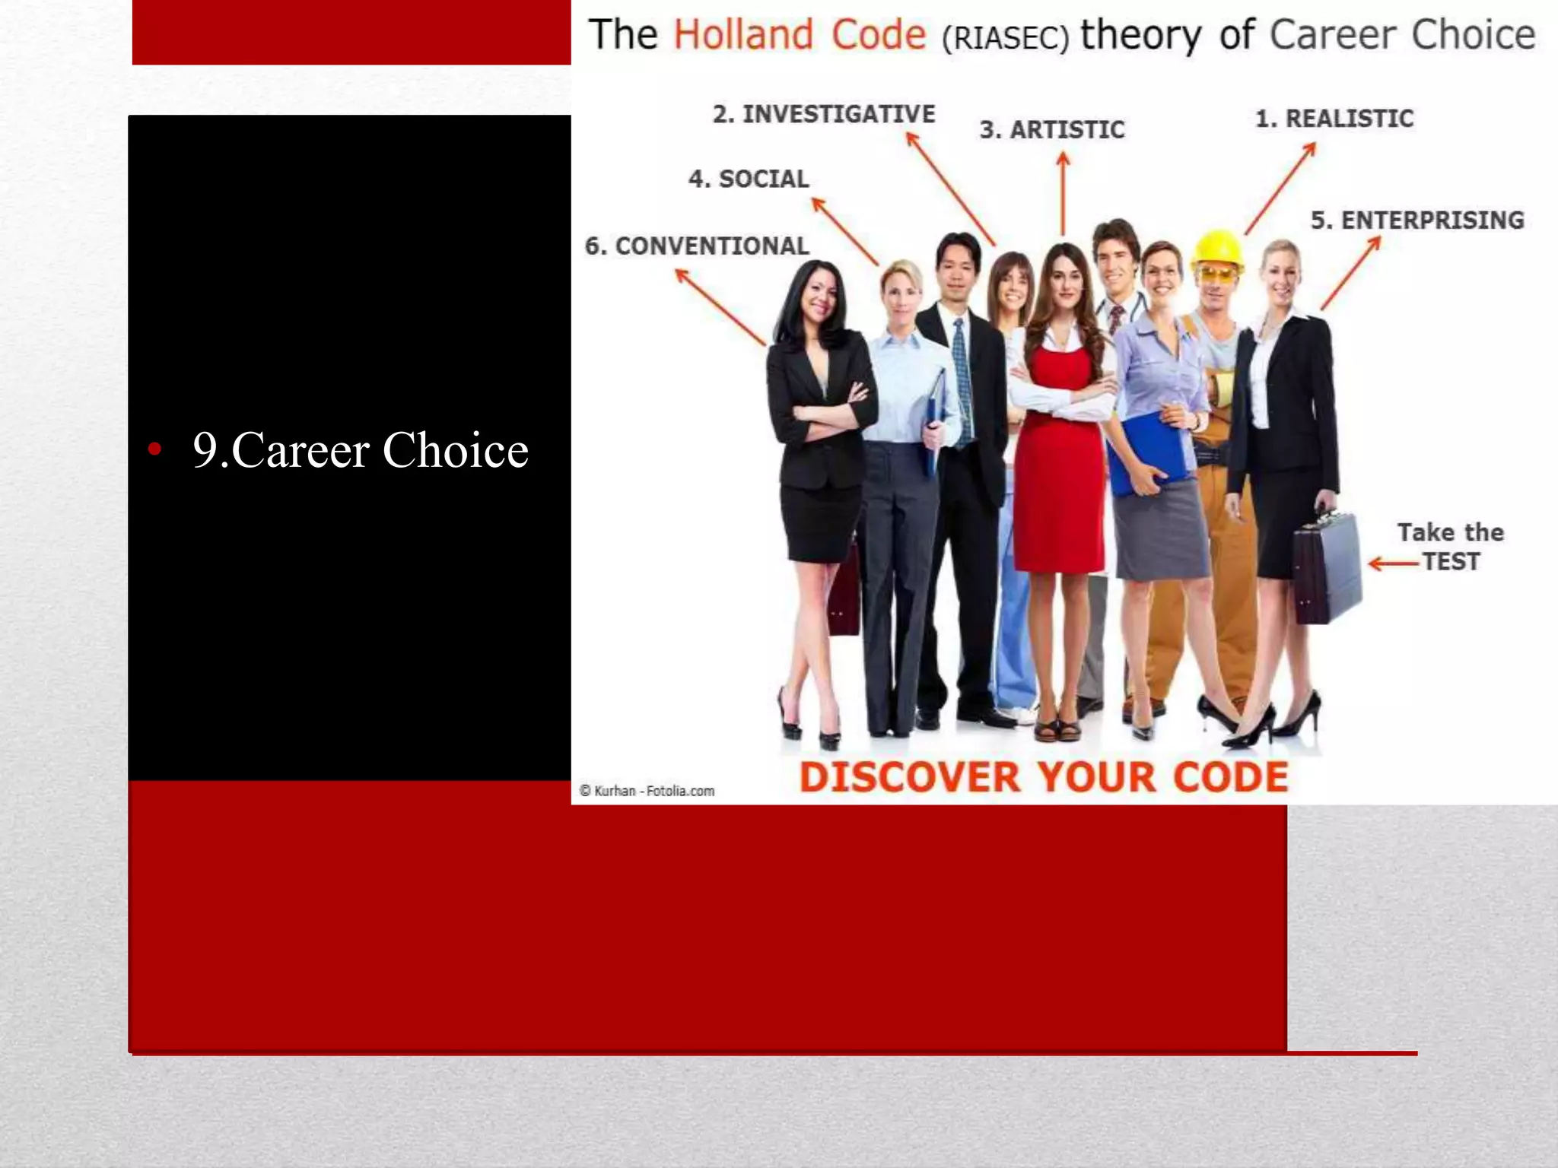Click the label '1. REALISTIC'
[1334, 119]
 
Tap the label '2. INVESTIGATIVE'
[824, 114]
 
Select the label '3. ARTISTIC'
[1052, 130]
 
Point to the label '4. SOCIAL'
[749, 179]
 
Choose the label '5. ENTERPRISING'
[1417, 220]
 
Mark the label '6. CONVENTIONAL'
[697, 246]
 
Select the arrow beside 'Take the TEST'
[1392, 563]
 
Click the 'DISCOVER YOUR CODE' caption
[1044, 777]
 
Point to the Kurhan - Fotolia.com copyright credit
[647, 791]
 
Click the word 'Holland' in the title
[743, 35]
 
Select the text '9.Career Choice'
[360, 450]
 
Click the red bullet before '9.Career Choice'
[155, 449]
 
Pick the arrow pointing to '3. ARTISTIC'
[1064, 194]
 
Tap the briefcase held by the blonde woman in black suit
[1327, 567]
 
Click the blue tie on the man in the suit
[962, 380]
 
